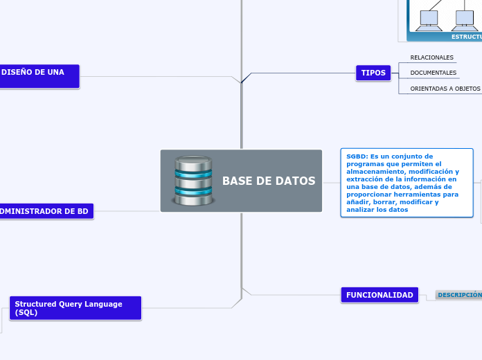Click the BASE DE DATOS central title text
tap(269, 181)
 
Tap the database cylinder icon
tap(193, 181)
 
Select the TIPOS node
tap(373, 73)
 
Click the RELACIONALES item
tap(431, 57)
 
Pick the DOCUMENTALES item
tap(433, 73)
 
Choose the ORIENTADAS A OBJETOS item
tap(445, 89)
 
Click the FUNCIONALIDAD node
tap(380, 295)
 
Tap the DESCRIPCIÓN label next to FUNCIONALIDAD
tap(459, 295)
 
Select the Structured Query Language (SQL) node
tap(75, 308)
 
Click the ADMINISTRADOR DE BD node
tap(46, 211)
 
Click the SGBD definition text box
tap(407, 183)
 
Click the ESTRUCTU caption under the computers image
tap(465, 36)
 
